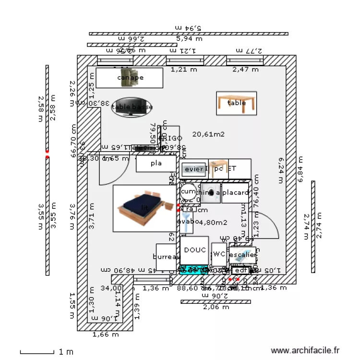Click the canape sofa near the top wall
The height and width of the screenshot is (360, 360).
(130, 78)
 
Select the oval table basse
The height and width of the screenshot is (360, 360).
(132, 108)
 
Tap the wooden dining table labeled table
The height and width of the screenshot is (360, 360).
(236, 103)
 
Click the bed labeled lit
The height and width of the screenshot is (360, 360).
(145, 207)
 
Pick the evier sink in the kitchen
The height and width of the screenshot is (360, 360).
(194, 169)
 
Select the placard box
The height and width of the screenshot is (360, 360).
(235, 193)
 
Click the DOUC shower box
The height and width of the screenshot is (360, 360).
(194, 250)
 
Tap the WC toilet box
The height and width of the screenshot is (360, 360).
(219, 254)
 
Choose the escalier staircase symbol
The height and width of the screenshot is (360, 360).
(242, 255)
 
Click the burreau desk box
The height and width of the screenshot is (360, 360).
(168, 257)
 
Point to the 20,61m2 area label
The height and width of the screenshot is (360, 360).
(208, 134)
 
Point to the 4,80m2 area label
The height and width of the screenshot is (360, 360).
(212, 222)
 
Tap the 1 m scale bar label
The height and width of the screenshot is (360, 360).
(66, 352)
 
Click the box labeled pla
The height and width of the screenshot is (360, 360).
(156, 164)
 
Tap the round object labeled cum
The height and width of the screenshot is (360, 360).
(188, 192)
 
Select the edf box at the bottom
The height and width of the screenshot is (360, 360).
(241, 270)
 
